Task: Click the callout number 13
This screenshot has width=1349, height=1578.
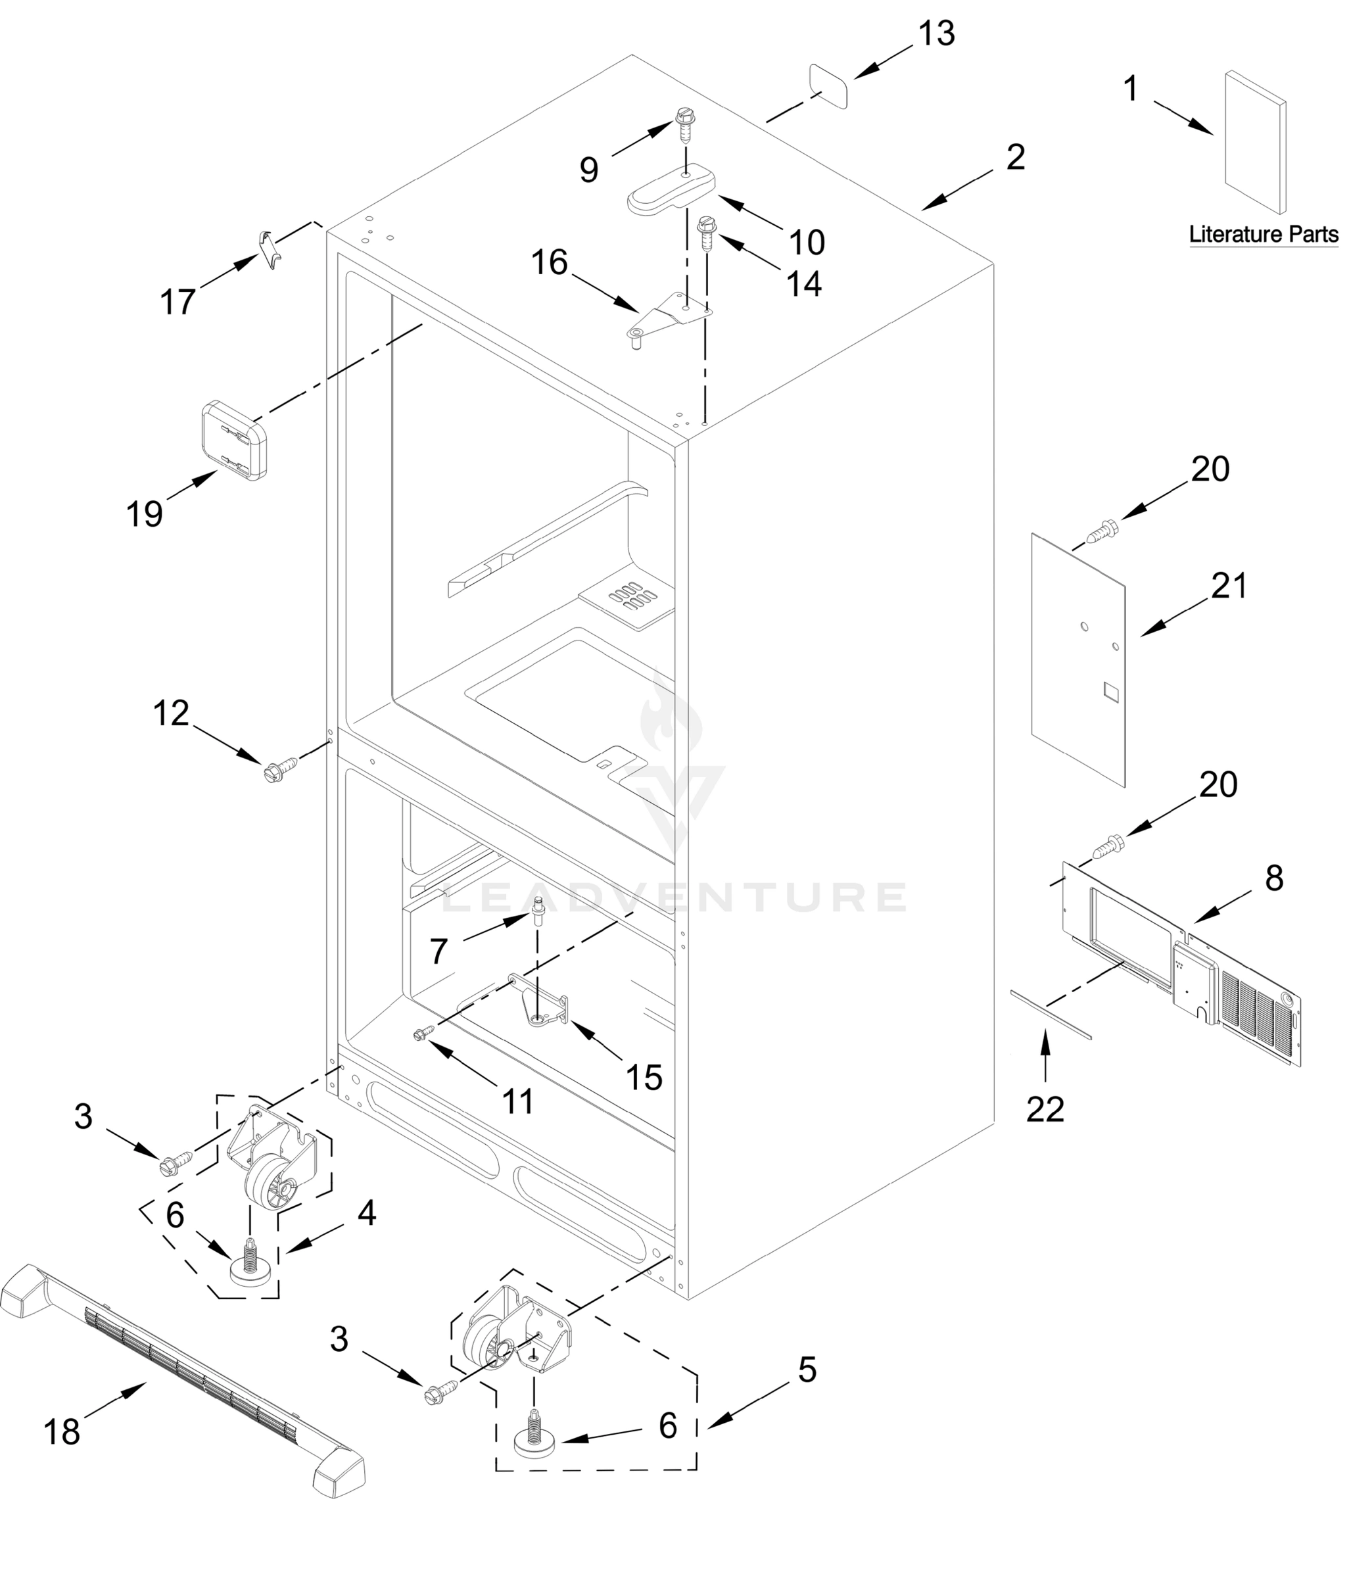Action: [935, 34]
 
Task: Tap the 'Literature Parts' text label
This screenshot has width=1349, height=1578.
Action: [1263, 234]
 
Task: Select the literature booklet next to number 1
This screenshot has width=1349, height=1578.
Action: [1254, 143]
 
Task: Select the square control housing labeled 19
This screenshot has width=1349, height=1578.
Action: [234, 440]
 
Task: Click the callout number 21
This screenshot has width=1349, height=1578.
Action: [1229, 586]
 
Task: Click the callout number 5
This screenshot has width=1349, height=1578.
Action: [807, 1370]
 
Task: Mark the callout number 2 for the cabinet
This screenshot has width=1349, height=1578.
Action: [1015, 158]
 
